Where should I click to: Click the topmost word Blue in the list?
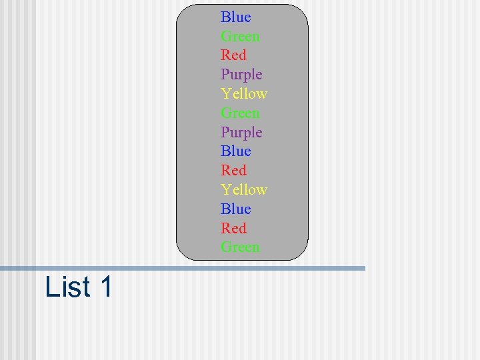click(236, 17)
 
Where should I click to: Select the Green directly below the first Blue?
click(240, 37)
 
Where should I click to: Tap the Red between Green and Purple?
click(233, 55)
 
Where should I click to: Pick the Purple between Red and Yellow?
click(241, 75)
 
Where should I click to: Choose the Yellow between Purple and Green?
click(244, 94)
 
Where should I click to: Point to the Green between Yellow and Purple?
click(240, 113)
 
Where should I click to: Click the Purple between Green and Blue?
click(241, 133)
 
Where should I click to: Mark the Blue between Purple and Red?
click(236, 151)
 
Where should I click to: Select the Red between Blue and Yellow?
click(233, 171)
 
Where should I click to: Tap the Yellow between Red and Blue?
click(244, 190)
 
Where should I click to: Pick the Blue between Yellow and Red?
click(236, 209)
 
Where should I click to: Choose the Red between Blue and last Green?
click(233, 228)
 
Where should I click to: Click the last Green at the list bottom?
click(240, 247)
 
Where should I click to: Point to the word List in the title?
click(67, 287)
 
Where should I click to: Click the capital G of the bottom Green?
click(226, 247)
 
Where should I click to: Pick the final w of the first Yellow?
click(261, 94)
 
